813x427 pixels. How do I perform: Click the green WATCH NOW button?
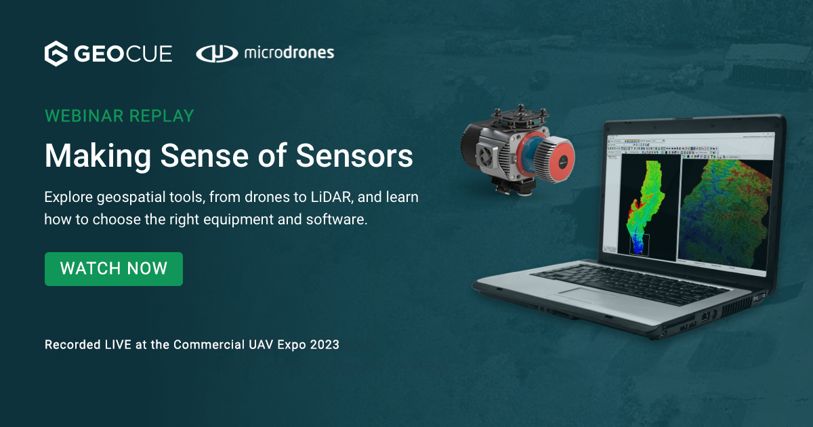(x=113, y=268)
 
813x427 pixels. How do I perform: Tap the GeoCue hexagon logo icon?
(x=56, y=54)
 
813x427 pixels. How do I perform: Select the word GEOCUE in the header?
(x=123, y=54)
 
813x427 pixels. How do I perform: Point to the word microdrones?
(x=289, y=53)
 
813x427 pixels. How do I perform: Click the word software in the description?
(x=337, y=220)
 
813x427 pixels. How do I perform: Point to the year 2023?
(x=325, y=344)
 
